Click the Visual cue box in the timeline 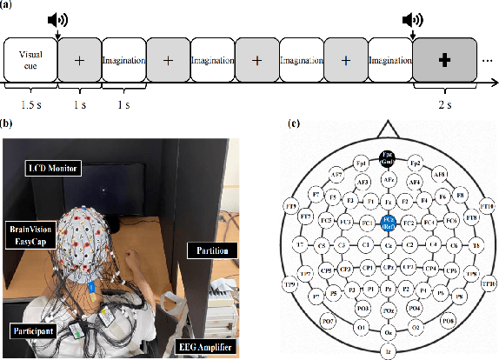tap(29, 61)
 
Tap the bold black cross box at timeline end tap(443, 61)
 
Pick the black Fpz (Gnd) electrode tap(389, 158)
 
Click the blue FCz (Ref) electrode tap(389, 223)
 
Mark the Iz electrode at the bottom tap(389, 351)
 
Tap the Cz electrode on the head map tap(389, 246)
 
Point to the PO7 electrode tap(305, 323)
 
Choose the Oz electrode tap(389, 331)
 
